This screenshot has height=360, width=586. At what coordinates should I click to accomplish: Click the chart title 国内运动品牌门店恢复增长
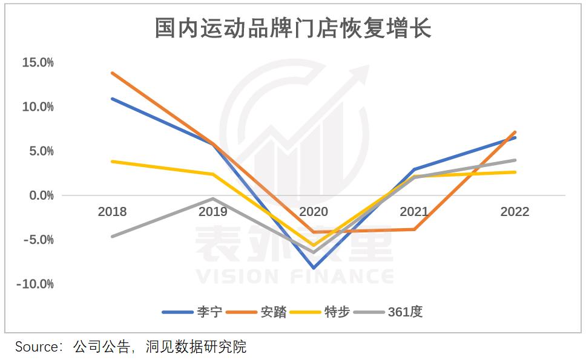[x=292, y=28]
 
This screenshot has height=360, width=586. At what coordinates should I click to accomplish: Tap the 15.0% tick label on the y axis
[x=38, y=62]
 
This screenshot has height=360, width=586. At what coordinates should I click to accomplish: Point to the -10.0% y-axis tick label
[x=36, y=284]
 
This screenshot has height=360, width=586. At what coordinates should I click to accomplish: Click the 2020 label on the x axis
[x=314, y=212]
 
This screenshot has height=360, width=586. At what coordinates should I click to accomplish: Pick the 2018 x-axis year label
[x=112, y=212]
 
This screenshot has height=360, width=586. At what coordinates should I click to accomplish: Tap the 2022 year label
[x=515, y=212]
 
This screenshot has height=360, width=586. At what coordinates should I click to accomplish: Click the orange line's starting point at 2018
[x=112, y=73]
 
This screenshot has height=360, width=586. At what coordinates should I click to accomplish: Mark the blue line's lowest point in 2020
[x=314, y=267]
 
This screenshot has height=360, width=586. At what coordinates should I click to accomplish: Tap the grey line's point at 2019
[x=213, y=198]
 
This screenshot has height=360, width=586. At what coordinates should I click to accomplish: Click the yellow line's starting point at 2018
[x=112, y=162]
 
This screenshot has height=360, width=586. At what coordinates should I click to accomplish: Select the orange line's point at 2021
[x=414, y=229]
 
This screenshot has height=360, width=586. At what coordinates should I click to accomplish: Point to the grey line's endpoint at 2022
[x=515, y=160]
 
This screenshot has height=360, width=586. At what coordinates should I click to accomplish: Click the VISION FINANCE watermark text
[x=294, y=277]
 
